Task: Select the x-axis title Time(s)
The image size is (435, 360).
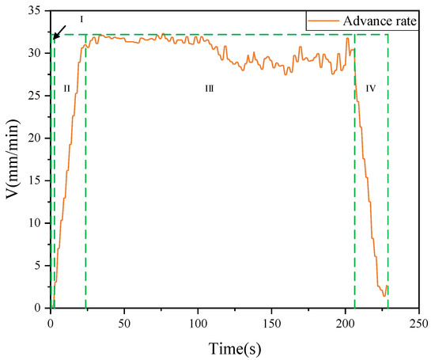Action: point(235,348)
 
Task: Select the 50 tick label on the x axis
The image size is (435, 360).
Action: point(124,323)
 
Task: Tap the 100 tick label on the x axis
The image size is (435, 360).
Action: point(198,323)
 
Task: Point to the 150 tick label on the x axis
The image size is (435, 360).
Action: point(271,323)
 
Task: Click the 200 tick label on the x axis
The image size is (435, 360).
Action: point(345,323)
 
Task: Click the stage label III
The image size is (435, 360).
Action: point(210,89)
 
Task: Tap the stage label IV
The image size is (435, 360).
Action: point(371,89)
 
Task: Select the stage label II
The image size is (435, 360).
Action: point(67,89)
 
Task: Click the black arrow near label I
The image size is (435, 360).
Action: point(59,31)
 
